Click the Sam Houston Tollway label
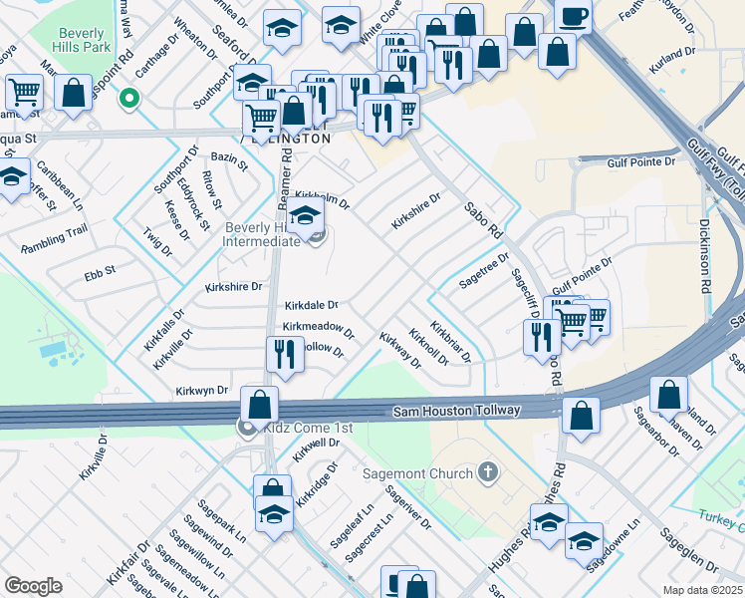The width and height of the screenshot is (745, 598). [x=456, y=410]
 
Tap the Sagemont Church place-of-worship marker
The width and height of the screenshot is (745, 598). [x=487, y=470]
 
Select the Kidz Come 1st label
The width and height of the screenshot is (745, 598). [x=298, y=428]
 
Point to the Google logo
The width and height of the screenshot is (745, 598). [x=33, y=586]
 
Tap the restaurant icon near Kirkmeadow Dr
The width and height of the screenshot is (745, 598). [x=285, y=355]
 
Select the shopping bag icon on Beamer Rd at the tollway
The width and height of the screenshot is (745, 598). [x=260, y=405]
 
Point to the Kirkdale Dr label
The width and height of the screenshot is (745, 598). [x=312, y=305]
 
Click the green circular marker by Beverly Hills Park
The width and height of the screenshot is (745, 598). [x=127, y=98]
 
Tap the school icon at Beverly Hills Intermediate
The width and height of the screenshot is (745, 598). [x=305, y=216]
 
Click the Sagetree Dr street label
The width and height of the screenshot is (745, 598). [x=484, y=269]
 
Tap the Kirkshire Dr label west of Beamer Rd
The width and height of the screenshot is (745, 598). [x=233, y=286]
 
